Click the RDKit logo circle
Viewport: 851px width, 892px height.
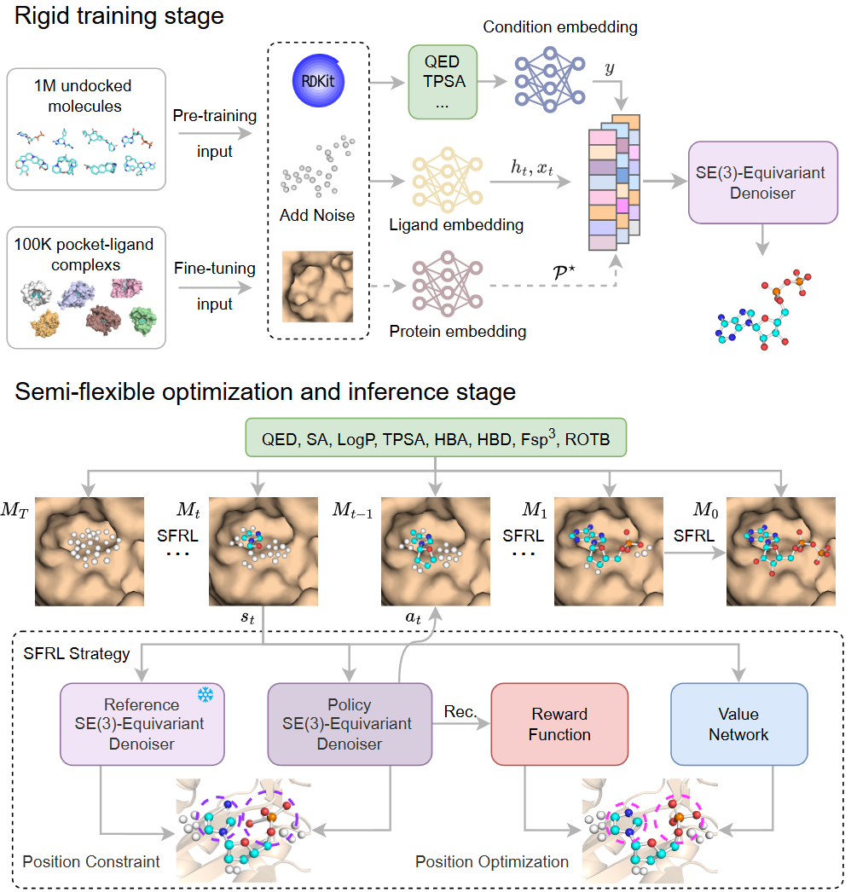tap(317, 82)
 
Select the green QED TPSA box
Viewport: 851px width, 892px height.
tap(441, 83)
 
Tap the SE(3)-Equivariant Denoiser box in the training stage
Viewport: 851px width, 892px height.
tap(763, 182)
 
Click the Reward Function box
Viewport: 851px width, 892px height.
tap(559, 724)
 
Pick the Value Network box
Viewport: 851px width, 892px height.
tap(738, 724)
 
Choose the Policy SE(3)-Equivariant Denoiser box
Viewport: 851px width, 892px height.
tap(350, 724)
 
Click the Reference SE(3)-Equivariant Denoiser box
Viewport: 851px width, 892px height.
tap(142, 724)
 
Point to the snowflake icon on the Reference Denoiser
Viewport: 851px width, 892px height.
tap(206, 695)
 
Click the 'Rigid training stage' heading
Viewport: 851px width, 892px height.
tap(118, 15)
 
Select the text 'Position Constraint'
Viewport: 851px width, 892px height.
tap(91, 861)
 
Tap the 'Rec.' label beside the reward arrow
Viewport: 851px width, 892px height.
tap(460, 710)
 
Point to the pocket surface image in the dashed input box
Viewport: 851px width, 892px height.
tap(317, 286)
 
